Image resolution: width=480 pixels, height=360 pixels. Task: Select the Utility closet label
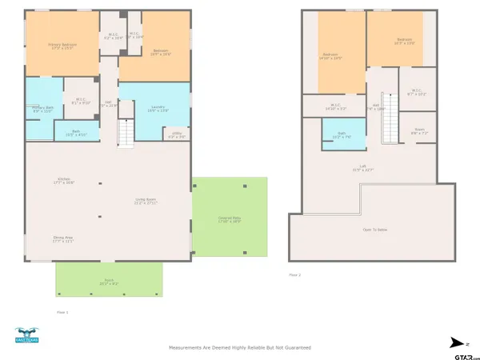[177, 136]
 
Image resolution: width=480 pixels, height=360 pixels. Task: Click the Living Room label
[146, 202]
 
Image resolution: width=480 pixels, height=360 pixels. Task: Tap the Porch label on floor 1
[108, 282]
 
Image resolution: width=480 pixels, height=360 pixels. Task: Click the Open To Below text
[375, 230]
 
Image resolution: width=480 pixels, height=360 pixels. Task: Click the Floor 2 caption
[295, 274]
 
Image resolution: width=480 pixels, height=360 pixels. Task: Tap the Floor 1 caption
[62, 312]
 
